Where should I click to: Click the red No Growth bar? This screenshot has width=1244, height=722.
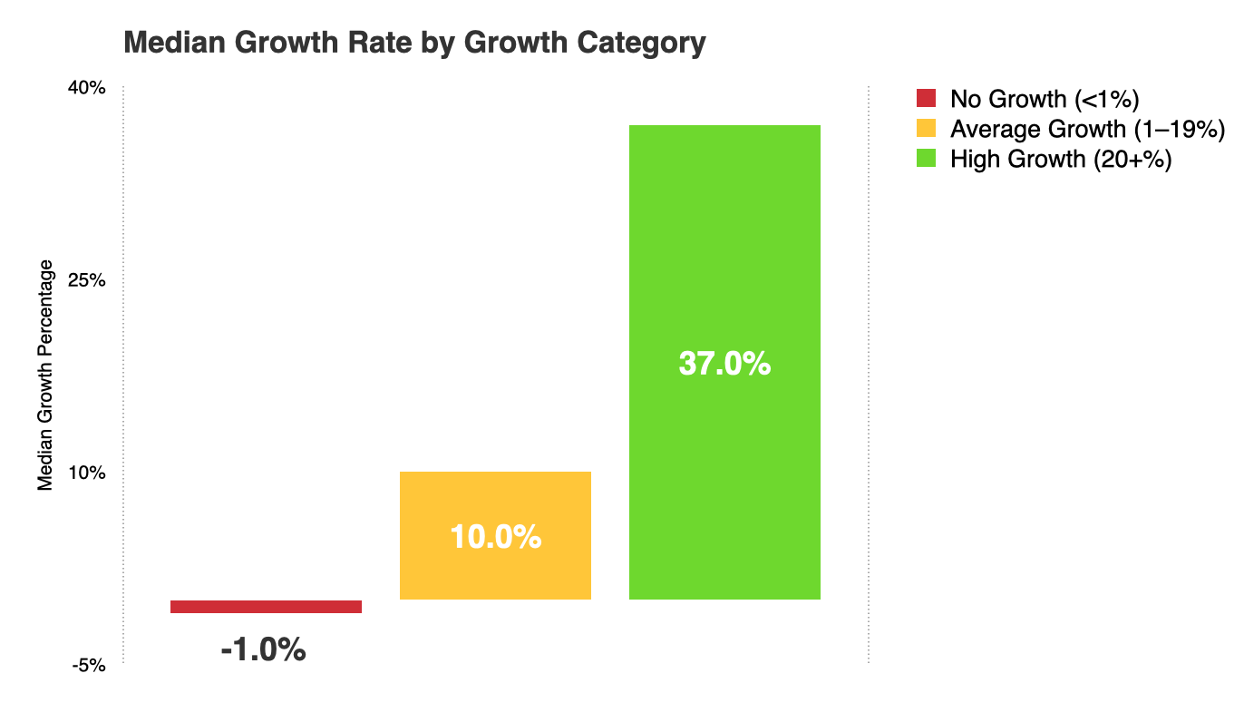coord(266,607)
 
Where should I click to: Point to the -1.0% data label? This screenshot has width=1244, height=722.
coord(263,649)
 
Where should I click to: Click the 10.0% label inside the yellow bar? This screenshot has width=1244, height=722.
coord(495,537)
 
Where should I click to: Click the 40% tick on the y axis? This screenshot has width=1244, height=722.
coord(90,88)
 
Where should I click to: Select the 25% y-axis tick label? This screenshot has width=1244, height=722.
coord(90,280)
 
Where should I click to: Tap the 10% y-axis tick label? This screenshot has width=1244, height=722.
coord(90,473)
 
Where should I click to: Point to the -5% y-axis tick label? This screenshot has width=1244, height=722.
coord(92,665)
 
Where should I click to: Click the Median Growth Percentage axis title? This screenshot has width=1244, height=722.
coord(46,376)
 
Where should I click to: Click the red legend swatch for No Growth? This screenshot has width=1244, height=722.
coord(926,98)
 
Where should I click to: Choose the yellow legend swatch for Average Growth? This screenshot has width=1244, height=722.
coord(926,129)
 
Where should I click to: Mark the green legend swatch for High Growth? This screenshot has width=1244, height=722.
coord(926,159)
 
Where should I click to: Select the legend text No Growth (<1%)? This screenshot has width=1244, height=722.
coord(1044,98)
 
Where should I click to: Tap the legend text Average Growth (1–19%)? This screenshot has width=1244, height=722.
coord(1087,129)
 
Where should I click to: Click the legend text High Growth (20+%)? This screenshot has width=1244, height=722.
coord(1061,159)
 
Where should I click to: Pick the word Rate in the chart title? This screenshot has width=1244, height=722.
coord(349,43)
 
